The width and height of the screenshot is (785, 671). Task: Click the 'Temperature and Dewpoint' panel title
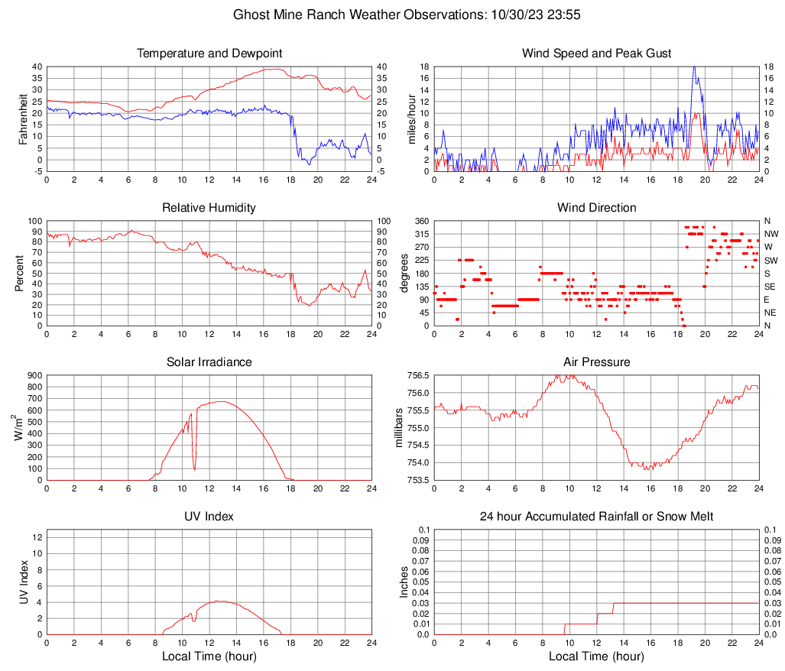209,53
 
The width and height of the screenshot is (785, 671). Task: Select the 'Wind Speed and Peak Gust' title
596,53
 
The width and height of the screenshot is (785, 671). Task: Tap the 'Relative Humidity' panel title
209,208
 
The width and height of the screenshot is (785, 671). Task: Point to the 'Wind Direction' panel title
596,208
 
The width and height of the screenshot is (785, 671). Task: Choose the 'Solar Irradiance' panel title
209,361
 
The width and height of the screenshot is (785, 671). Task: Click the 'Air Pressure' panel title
596,361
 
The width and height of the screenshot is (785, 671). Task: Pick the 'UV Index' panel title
209,517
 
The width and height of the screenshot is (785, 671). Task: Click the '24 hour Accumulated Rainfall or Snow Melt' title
596,517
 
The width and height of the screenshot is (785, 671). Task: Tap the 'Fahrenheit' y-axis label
23,118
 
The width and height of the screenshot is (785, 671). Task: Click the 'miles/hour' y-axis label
411,118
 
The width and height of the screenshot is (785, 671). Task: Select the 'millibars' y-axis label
399,427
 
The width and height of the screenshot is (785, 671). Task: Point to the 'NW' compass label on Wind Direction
770,234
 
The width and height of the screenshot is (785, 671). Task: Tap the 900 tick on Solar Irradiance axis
34,376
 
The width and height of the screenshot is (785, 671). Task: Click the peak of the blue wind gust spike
694,67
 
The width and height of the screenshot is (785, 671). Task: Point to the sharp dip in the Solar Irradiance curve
194,468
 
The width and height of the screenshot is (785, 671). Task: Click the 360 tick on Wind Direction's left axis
420,221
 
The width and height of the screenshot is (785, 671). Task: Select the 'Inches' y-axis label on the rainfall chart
405,582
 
